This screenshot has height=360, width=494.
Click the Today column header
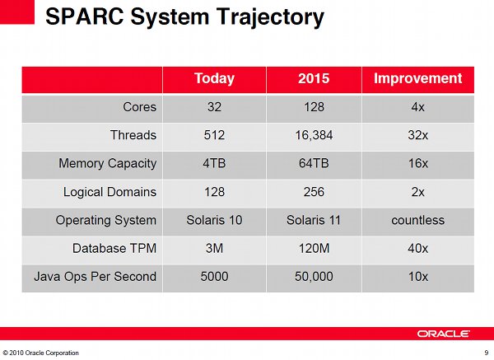(x=214, y=79)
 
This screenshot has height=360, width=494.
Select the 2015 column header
(x=314, y=78)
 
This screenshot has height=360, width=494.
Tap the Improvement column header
(x=417, y=78)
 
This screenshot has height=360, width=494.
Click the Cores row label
(x=140, y=107)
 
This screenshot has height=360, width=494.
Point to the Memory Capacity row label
(x=107, y=164)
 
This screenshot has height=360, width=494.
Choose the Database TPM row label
(x=114, y=249)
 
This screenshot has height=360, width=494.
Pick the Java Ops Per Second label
(x=96, y=277)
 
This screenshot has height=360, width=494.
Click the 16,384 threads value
(x=314, y=136)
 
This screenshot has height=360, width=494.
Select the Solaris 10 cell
(x=214, y=220)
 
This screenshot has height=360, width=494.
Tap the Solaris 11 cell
(x=314, y=220)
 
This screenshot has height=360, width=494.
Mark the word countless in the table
(x=417, y=220)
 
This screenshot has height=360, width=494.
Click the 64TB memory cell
(x=314, y=164)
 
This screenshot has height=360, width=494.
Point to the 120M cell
(x=314, y=249)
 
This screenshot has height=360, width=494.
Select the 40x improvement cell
(x=417, y=249)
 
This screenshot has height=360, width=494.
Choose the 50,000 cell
(x=314, y=277)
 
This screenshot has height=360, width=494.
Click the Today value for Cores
(x=214, y=107)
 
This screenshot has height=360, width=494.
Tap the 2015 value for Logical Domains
(x=314, y=192)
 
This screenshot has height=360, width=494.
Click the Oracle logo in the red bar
(x=444, y=334)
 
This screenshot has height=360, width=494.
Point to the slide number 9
(x=487, y=353)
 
